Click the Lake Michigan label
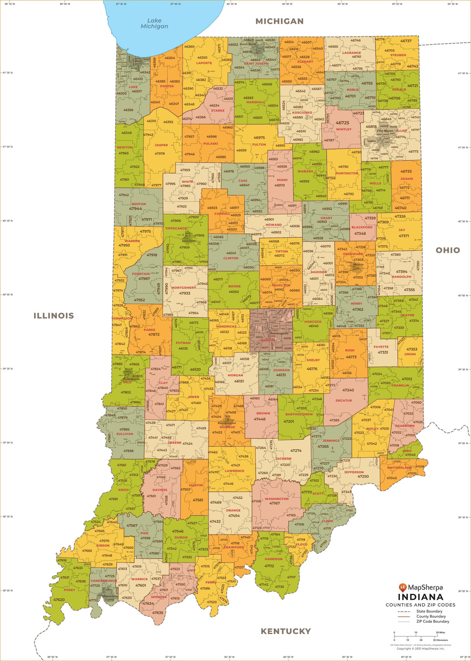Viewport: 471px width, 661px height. click(154, 24)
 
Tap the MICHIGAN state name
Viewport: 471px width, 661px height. click(279, 21)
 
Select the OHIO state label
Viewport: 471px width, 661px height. click(447, 250)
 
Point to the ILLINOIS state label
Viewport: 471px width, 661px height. click(54, 316)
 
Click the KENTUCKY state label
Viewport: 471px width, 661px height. click(286, 631)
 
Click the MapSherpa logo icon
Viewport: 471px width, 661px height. click(403, 587)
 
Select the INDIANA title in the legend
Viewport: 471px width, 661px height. click(420, 597)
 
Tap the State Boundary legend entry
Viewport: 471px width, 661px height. click(429, 611)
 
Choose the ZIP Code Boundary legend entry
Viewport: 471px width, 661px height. click(432, 621)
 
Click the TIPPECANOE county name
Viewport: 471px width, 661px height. click(176, 228)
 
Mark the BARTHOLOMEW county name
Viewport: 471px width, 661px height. click(299, 414)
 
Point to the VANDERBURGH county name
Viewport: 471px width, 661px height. click(103, 580)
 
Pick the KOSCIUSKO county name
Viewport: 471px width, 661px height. click(302, 112)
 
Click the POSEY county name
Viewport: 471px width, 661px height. click(69, 590)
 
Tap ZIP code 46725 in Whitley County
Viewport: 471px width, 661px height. click(342, 123)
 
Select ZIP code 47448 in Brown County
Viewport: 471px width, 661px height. click(259, 419)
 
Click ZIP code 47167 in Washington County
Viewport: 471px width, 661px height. click(274, 503)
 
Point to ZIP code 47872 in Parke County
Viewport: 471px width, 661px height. click(154, 334)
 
